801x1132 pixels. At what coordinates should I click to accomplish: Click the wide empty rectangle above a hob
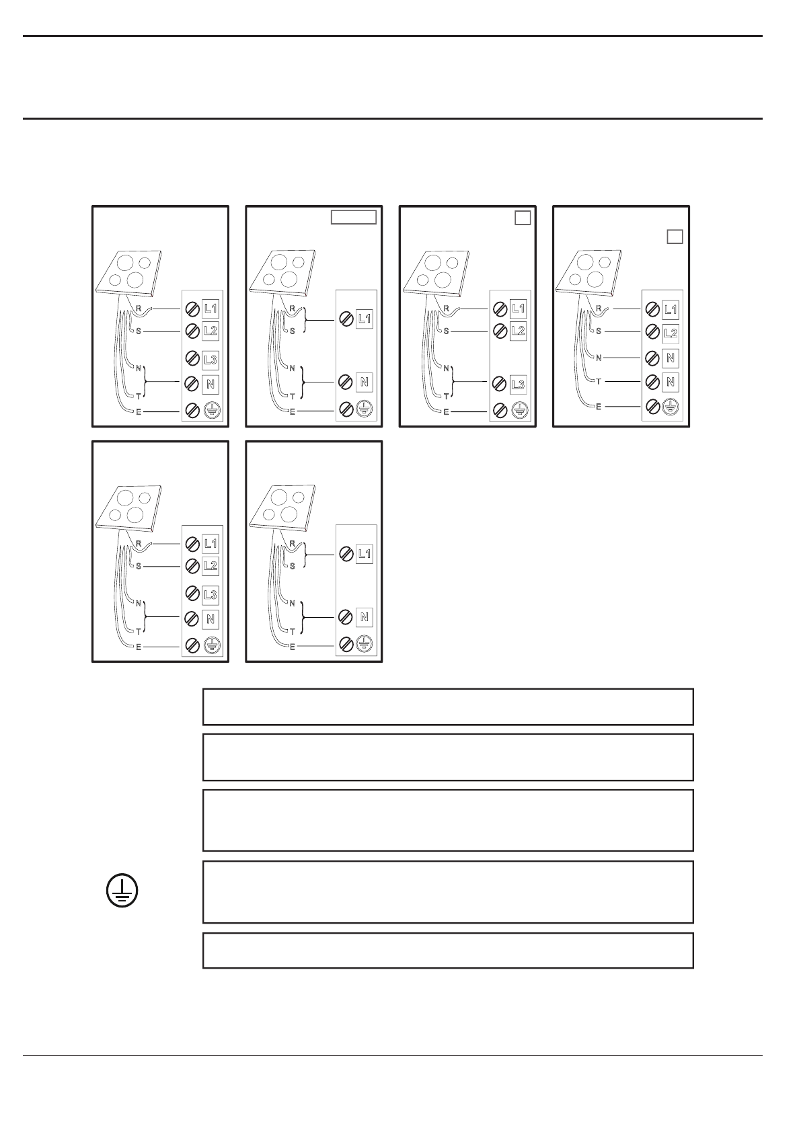353,217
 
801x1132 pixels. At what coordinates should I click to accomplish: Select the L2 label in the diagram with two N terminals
671,333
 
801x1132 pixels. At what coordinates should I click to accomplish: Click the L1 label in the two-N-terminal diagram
671,309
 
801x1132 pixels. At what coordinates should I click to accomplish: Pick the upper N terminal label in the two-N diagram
671,358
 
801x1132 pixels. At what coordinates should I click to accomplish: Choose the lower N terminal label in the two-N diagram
671,382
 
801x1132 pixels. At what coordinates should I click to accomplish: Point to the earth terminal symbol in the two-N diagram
671,406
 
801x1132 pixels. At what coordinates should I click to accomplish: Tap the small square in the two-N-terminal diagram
675,237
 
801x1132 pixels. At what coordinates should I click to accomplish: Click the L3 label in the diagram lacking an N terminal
518,385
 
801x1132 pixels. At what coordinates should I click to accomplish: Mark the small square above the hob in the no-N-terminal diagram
523,218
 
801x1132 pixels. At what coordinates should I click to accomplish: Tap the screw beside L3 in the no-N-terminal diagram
500,385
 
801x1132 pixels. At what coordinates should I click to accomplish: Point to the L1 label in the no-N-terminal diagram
518,309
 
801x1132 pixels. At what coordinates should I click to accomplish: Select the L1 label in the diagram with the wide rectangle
364,318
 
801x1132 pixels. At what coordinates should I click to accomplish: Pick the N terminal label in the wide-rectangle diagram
364,382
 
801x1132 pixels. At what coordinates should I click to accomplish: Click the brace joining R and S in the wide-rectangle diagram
305,320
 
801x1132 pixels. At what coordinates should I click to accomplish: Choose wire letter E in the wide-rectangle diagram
292,411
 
